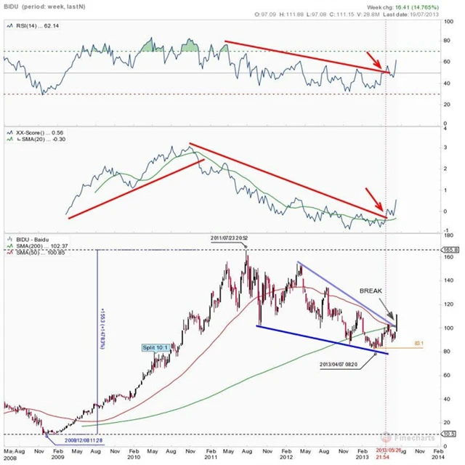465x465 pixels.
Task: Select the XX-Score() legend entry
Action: pyautogui.click(x=41, y=133)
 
